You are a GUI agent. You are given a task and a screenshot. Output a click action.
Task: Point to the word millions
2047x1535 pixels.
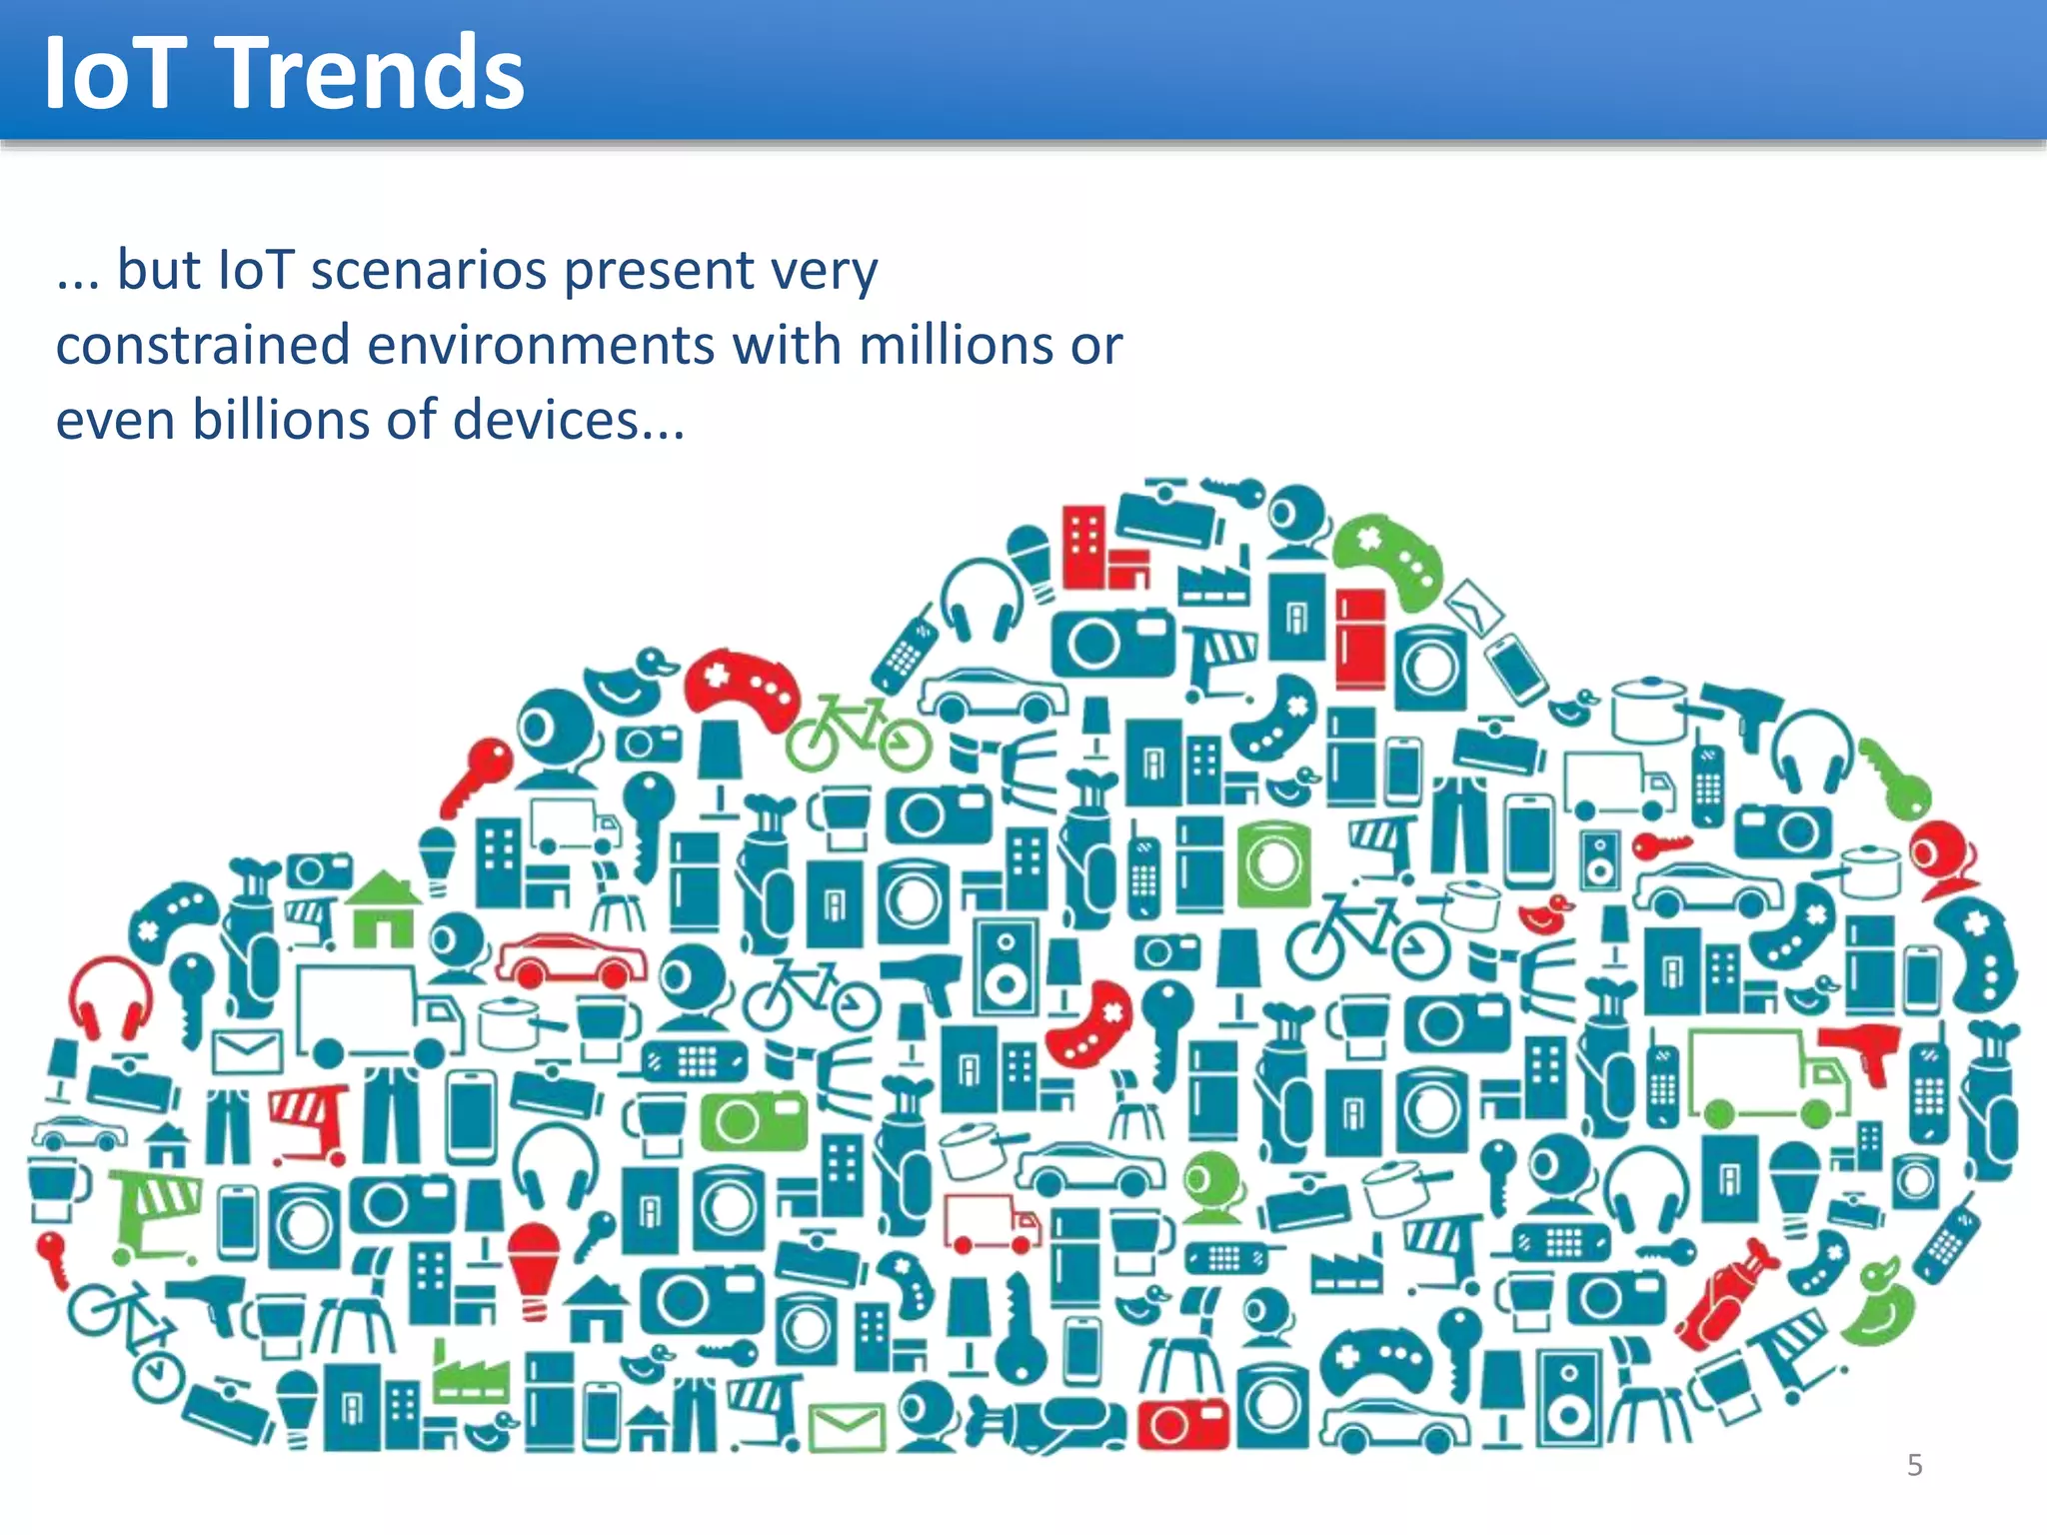(x=955, y=345)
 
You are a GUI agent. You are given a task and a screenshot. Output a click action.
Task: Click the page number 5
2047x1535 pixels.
(x=1915, y=1465)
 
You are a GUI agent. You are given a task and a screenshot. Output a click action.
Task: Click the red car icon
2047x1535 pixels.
(x=571, y=960)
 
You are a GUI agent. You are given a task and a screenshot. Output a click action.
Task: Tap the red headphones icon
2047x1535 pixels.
(x=111, y=995)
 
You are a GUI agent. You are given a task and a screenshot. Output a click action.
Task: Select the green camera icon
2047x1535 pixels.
(x=753, y=1120)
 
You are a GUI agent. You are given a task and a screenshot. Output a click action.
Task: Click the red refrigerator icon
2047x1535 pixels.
(x=1360, y=636)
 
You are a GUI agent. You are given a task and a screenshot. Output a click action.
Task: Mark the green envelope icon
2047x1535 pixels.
(x=847, y=1427)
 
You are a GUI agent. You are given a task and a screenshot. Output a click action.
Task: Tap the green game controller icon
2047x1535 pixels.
(x=1388, y=560)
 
